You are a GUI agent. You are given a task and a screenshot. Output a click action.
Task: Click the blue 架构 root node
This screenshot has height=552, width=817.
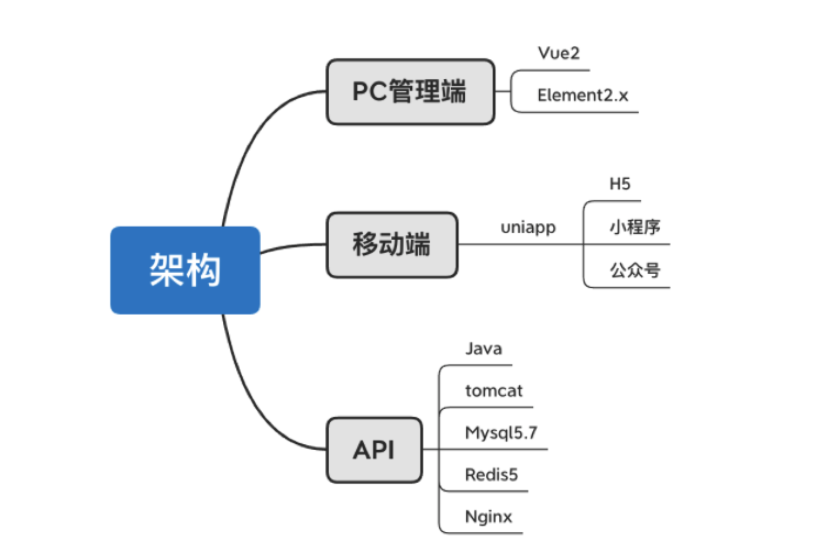tap(185, 270)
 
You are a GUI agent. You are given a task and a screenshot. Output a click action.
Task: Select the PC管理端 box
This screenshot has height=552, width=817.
tap(410, 92)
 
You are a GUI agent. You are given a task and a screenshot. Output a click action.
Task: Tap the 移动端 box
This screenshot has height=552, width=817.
tap(391, 245)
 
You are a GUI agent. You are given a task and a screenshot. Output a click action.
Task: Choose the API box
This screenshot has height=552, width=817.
tap(374, 450)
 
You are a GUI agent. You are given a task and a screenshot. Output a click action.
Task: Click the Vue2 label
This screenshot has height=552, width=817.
tap(559, 53)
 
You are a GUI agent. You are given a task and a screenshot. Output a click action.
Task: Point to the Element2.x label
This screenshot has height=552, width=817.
tap(582, 96)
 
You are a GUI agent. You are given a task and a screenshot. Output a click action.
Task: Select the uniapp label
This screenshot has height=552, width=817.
tap(528, 227)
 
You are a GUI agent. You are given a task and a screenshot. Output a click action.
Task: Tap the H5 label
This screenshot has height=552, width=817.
tap(620, 184)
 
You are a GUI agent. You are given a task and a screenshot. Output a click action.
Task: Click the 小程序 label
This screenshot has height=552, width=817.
tap(634, 227)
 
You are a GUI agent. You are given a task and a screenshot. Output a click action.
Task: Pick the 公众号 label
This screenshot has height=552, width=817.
tap(634, 270)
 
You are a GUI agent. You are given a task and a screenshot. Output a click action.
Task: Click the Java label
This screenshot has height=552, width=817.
tap(483, 349)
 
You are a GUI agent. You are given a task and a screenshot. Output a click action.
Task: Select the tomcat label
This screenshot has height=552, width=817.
tap(494, 391)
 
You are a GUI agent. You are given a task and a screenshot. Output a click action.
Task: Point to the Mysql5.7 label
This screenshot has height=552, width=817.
tap(501, 433)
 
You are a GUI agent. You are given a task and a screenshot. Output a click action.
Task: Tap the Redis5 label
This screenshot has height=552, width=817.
tap(491, 474)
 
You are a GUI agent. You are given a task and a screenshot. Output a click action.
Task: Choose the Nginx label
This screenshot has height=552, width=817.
tap(488, 517)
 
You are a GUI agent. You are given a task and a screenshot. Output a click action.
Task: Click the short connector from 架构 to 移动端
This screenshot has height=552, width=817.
tap(291, 246)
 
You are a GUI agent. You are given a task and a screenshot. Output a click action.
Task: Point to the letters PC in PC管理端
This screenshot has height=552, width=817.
tap(369, 92)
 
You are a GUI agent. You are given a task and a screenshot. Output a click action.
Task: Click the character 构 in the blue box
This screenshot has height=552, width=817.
tap(203, 270)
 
